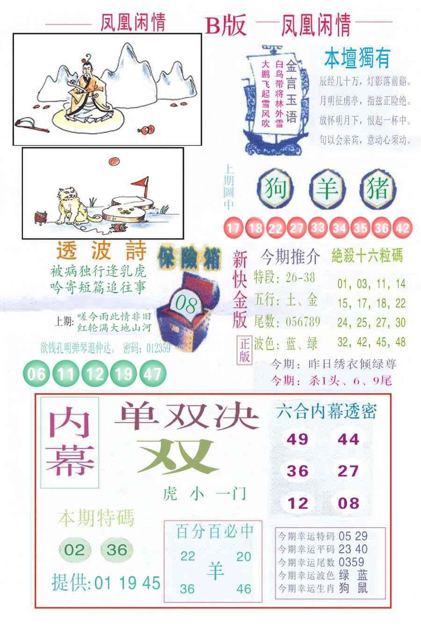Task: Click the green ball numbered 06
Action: tap(36, 373)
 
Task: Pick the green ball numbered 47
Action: tap(152, 373)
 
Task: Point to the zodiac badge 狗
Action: tap(276, 190)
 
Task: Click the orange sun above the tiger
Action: tap(114, 161)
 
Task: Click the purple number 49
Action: tap(298, 439)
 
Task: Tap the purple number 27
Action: tap(348, 471)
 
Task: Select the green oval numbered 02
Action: tap(74, 549)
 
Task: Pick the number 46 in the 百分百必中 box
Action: tap(244, 588)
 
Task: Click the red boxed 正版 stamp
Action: tap(245, 350)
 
